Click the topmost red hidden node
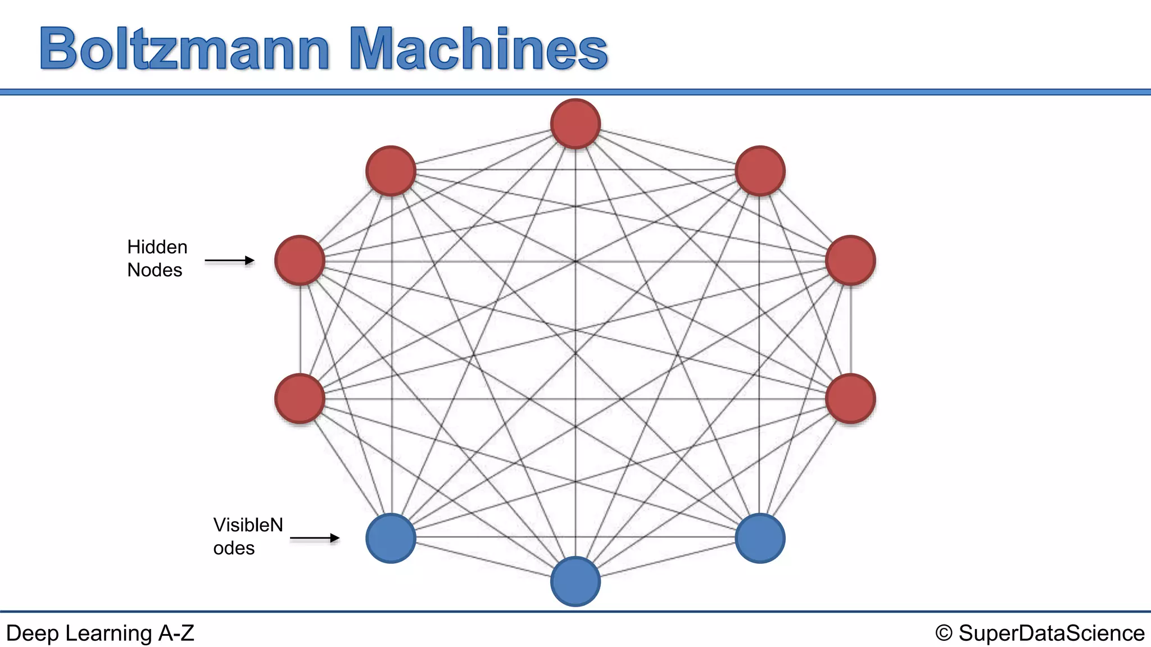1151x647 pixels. click(x=575, y=124)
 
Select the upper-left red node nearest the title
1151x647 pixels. click(x=391, y=171)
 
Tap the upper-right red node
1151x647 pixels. click(x=760, y=171)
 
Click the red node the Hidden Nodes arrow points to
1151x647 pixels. click(x=300, y=261)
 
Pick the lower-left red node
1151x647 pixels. click(x=300, y=398)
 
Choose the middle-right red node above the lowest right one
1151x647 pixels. click(x=850, y=261)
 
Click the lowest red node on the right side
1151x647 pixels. click(x=850, y=398)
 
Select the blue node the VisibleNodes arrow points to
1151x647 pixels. click(x=391, y=538)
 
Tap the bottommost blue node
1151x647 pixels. click(x=575, y=581)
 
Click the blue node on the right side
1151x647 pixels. click(x=760, y=538)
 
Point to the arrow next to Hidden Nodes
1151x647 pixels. click(x=229, y=261)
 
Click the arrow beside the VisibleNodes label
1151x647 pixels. click(x=315, y=538)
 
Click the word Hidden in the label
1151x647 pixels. click(x=157, y=247)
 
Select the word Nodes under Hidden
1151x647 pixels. click(x=155, y=270)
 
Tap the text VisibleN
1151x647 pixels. click(x=248, y=525)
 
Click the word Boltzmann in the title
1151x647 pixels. click(x=184, y=49)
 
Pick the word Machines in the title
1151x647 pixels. click(x=478, y=49)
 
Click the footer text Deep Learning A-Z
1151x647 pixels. click(x=100, y=633)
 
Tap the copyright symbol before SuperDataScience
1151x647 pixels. click(x=944, y=634)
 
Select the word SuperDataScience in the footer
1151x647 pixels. click(x=1051, y=633)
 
